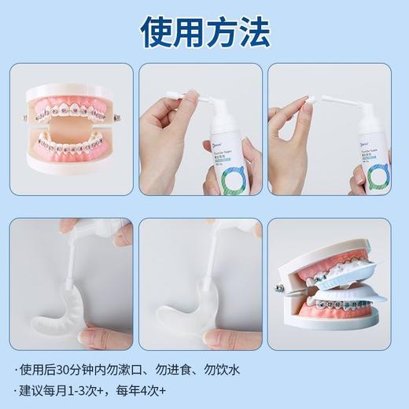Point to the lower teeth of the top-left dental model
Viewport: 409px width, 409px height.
(x=72, y=146)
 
